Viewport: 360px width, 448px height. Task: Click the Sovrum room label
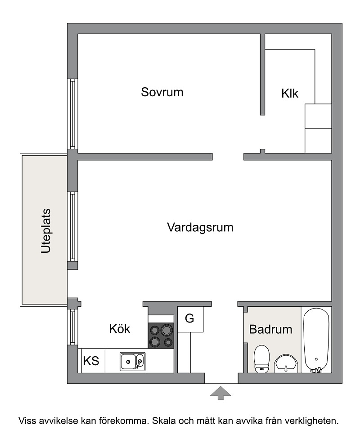(x=162, y=92)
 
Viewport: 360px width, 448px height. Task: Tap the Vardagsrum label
(x=200, y=228)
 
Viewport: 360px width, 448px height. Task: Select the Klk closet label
(x=290, y=94)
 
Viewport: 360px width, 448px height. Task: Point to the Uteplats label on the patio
(x=46, y=231)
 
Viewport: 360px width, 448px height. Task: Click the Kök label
(x=120, y=329)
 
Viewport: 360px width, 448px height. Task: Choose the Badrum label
(x=270, y=329)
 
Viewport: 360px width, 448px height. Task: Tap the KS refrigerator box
(x=91, y=361)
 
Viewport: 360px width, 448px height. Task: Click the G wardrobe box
(x=190, y=319)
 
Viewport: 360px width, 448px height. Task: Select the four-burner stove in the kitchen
(x=161, y=336)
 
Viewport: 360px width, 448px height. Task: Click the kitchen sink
(x=132, y=362)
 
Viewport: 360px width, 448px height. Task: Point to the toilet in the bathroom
(x=261, y=359)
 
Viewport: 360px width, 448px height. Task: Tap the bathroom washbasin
(x=286, y=364)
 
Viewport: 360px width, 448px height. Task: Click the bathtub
(x=316, y=340)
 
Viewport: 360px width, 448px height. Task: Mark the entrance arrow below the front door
(x=220, y=393)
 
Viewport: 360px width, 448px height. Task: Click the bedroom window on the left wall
(x=72, y=114)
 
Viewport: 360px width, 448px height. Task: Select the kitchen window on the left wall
(x=72, y=327)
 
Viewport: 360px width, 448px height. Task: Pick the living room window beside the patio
(x=72, y=226)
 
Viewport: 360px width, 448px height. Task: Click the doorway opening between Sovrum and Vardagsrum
(x=228, y=157)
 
